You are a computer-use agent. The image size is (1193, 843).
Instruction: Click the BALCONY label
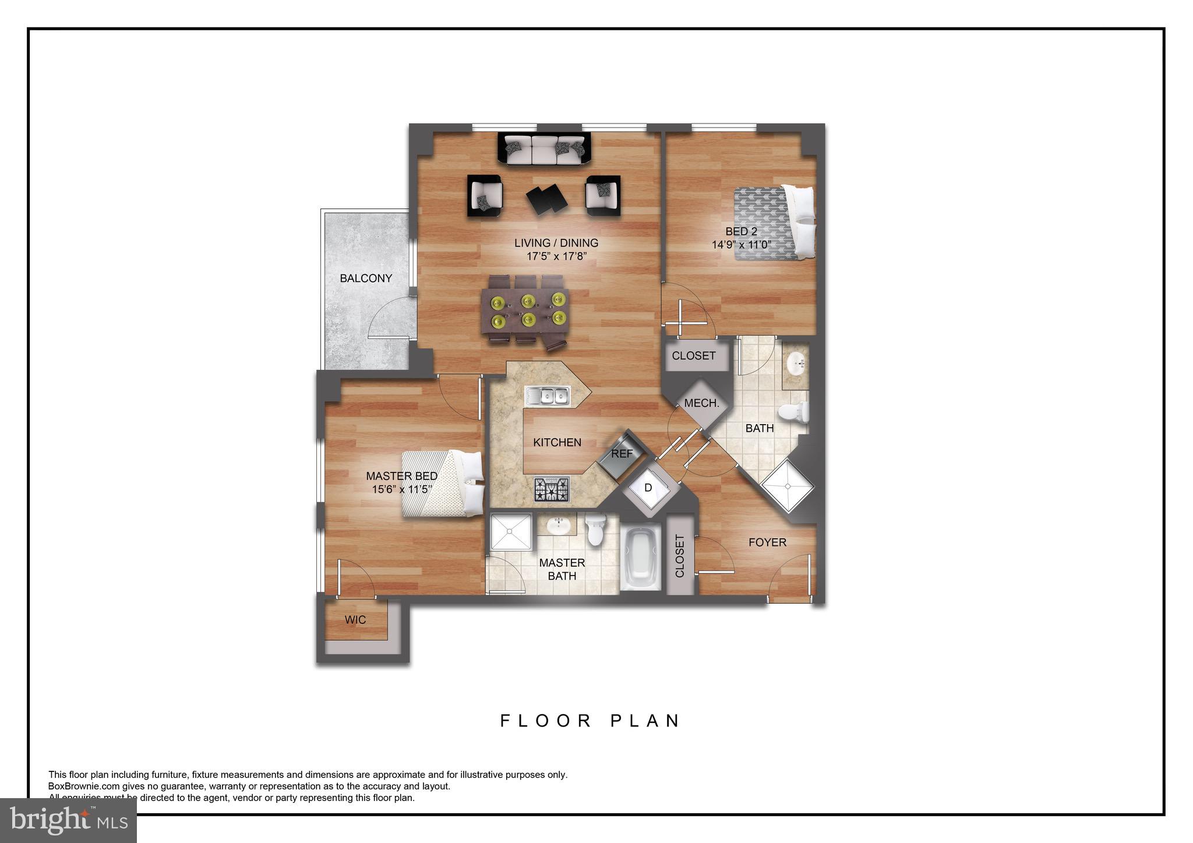366,278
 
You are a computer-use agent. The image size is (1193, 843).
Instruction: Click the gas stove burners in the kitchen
552,489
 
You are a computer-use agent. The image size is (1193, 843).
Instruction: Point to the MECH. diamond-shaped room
701,403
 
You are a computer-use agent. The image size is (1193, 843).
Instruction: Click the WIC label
355,620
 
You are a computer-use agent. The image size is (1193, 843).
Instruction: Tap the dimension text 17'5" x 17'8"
556,256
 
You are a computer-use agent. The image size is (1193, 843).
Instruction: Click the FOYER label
767,542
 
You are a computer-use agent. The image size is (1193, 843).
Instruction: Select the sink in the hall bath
794,365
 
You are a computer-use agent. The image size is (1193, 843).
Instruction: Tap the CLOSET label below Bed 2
693,356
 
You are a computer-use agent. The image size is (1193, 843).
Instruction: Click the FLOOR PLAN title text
590,721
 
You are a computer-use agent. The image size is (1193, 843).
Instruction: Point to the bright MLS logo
68,820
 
